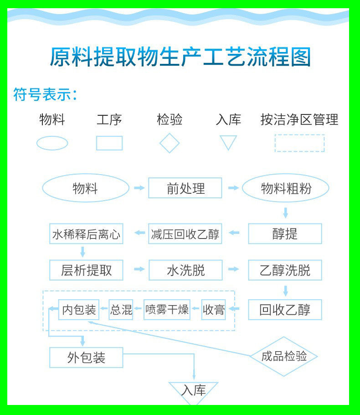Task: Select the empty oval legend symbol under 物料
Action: click(52, 143)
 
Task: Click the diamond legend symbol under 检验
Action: click(170, 143)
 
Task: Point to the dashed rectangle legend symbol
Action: click(299, 143)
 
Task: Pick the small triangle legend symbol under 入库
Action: click(228, 142)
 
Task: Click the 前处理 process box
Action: click(185, 188)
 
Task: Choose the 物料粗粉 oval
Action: click(285, 188)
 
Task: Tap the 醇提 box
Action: click(285, 233)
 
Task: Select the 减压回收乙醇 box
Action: click(185, 234)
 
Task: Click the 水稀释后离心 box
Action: click(86, 234)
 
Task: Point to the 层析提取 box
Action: click(86, 270)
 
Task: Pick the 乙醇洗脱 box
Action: click(285, 270)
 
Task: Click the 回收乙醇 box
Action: click(285, 310)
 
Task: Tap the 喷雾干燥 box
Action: click(166, 310)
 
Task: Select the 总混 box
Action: click(121, 310)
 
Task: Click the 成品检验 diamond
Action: click(283, 357)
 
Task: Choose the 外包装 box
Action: click(86, 358)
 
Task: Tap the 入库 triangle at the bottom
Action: click(194, 391)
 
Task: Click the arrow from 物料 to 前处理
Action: click(139, 188)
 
